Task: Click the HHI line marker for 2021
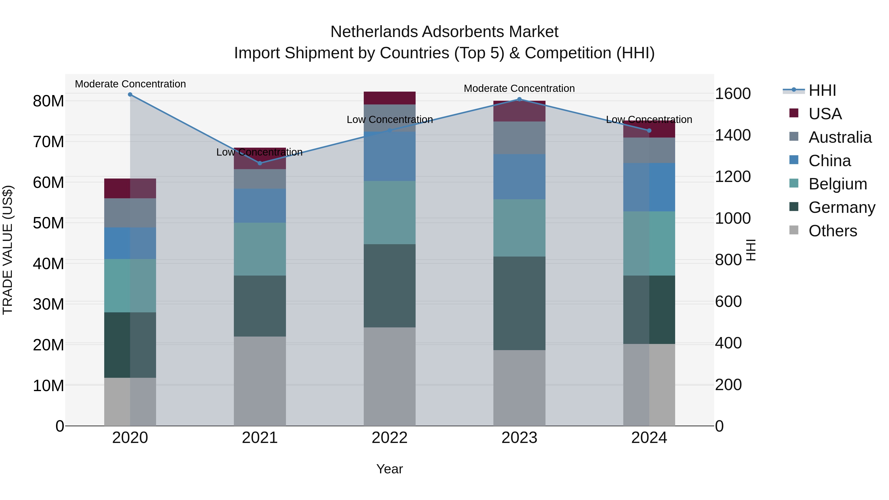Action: coord(260,163)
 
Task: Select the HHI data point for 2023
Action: coord(519,99)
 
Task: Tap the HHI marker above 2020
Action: coord(130,95)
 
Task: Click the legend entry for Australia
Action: coord(840,137)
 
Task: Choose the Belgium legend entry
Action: coord(838,184)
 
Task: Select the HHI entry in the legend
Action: coord(822,90)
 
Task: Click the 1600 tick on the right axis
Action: coord(733,94)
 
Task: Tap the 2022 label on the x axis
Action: coord(390,438)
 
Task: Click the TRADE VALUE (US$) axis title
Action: coord(8,250)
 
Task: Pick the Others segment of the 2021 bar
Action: coord(260,381)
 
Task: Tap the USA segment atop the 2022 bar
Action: coord(390,98)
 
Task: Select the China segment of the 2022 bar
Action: coord(390,156)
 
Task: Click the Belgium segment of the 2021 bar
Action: coord(260,249)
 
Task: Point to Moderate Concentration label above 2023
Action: coord(519,89)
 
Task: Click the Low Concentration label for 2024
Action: coord(649,120)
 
